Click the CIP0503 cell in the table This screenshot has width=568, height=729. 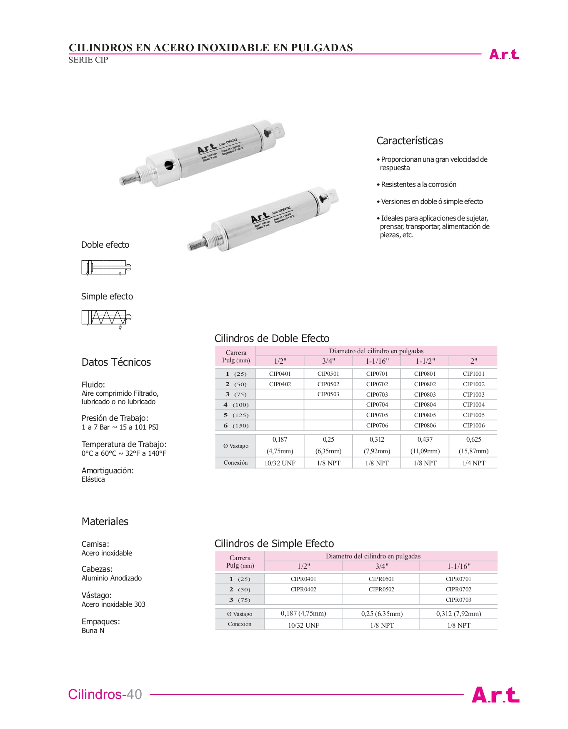(x=328, y=395)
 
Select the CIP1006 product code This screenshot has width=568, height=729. (x=473, y=426)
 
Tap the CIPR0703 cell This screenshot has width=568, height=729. (x=458, y=600)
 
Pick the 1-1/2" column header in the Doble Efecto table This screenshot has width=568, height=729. (x=425, y=361)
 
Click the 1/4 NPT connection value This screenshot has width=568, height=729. (x=473, y=463)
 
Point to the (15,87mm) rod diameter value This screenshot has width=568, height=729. (x=473, y=451)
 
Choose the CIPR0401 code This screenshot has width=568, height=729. (x=303, y=579)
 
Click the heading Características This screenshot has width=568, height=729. (x=409, y=141)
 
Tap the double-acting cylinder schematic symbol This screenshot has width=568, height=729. (x=106, y=267)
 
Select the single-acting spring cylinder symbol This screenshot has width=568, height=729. (x=106, y=318)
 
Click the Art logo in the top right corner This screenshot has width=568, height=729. (x=504, y=54)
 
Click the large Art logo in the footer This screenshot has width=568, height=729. (x=495, y=695)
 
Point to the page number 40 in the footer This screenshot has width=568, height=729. (x=134, y=694)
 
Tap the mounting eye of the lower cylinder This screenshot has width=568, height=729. (x=331, y=195)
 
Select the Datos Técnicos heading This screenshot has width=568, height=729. (x=116, y=362)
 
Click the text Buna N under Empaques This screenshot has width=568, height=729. (x=93, y=631)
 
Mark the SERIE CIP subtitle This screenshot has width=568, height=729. (x=88, y=60)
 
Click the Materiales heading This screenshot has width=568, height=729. (x=105, y=522)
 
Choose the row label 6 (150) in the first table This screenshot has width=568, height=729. (x=236, y=426)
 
